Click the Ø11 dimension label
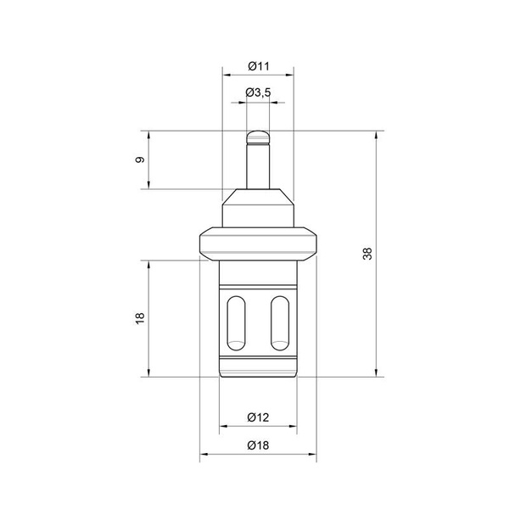[259, 66]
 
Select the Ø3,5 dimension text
[258, 92]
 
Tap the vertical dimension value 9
[140, 159]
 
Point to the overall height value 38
[367, 254]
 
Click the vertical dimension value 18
[140, 318]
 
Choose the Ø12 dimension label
[258, 417]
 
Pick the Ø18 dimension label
[258, 445]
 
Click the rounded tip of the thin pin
[258, 137]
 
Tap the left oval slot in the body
[236, 323]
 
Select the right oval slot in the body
[280, 323]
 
